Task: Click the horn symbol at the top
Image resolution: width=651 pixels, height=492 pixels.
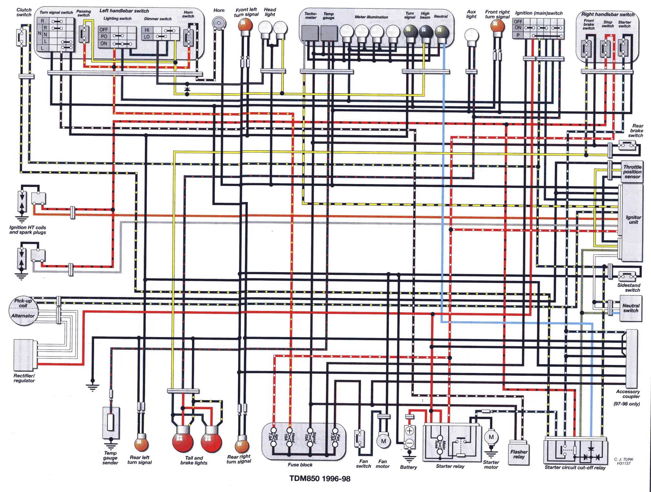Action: click(x=219, y=23)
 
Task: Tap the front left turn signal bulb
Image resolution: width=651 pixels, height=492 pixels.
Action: click(x=245, y=25)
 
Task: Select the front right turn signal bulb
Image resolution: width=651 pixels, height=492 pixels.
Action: click(x=497, y=26)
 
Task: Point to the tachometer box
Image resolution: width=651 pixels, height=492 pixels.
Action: click(x=310, y=33)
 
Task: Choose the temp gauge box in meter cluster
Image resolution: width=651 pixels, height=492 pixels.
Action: click(x=329, y=33)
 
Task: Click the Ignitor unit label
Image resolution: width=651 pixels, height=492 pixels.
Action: click(x=633, y=219)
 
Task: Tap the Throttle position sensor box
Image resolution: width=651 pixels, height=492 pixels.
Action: click(x=632, y=172)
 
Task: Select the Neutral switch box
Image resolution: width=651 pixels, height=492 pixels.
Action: click(x=631, y=308)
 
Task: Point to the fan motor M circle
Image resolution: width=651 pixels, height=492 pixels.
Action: click(x=383, y=441)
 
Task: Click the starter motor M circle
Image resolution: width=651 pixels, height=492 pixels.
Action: click(x=491, y=437)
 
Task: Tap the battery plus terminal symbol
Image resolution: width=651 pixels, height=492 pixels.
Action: click(x=409, y=431)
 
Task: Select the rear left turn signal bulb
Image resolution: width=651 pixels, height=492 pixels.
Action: click(x=141, y=444)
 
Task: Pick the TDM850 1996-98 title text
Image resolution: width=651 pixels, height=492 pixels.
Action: click(x=320, y=478)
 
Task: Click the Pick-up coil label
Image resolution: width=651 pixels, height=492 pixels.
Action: click(x=23, y=303)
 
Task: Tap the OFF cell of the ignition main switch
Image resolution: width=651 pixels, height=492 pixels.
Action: click(x=518, y=22)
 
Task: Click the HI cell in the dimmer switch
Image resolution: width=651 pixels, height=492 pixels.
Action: click(x=147, y=30)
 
